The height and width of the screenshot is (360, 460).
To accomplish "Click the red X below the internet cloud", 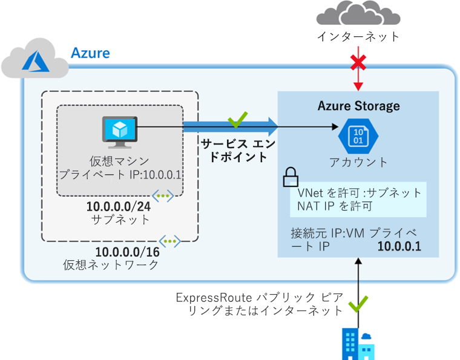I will tap(358, 62).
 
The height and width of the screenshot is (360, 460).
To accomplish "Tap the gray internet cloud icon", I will tap(358, 15).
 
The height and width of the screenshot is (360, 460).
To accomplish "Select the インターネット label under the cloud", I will tap(358, 37).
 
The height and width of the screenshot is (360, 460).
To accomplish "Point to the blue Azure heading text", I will tap(90, 53).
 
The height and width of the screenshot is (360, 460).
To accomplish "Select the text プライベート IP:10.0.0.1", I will tap(120, 175).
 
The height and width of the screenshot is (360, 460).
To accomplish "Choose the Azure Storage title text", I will tap(358, 106).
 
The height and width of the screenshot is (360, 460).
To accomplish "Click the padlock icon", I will tap(291, 177).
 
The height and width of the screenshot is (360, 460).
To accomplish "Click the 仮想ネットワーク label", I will tap(111, 266).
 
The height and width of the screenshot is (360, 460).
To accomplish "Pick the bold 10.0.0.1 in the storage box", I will tap(399, 246).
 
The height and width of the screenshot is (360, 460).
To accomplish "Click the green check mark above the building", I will tap(358, 303).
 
